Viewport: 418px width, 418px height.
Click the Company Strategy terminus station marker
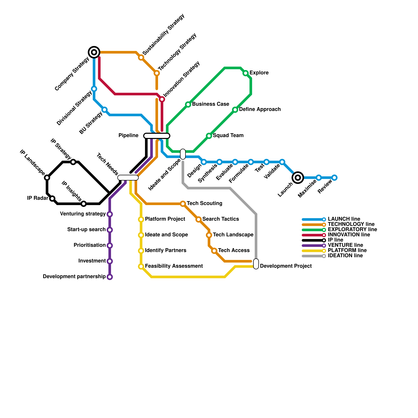click(x=94, y=52)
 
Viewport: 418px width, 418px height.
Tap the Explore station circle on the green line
click(x=246, y=73)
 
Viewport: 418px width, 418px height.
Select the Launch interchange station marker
click(x=298, y=178)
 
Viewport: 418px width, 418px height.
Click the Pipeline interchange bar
click(x=157, y=136)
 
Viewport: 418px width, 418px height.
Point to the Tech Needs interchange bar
click(x=128, y=178)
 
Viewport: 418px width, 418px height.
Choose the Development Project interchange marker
click(x=256, y=264)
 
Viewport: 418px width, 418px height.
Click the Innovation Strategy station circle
click(x=162, y=99)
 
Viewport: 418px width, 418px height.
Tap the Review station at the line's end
click(x=334, y=178)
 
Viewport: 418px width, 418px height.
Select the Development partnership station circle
click(x=110, y=277)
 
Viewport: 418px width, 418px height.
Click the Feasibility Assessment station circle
click(x=141, y=266)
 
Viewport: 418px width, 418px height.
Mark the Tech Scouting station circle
click(x=183, y=204)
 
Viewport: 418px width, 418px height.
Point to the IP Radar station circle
click(x=52, y=199)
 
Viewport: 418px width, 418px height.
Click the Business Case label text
click(x=210, y=104)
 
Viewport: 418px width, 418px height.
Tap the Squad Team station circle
click(x=209, y=136)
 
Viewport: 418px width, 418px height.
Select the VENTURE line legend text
click(x=345, y=245)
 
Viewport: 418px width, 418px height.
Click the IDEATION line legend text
click(x=345, y=256)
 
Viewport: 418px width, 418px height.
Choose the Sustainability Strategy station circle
click(x=141, y=57)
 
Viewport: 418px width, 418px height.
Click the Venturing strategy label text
click(x=83, y=214)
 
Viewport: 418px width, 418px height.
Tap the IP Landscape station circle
click(x=47, y=178)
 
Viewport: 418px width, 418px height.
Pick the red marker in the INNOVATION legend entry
click(x=324, y=235)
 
